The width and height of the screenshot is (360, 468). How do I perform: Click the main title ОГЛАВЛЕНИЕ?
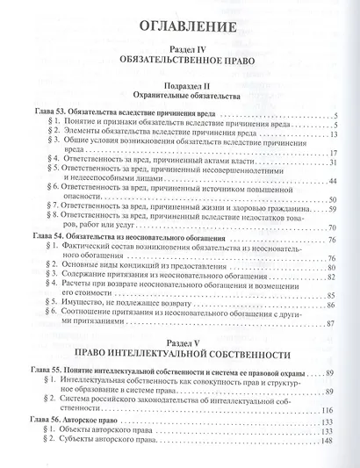click(x=181, y=23)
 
